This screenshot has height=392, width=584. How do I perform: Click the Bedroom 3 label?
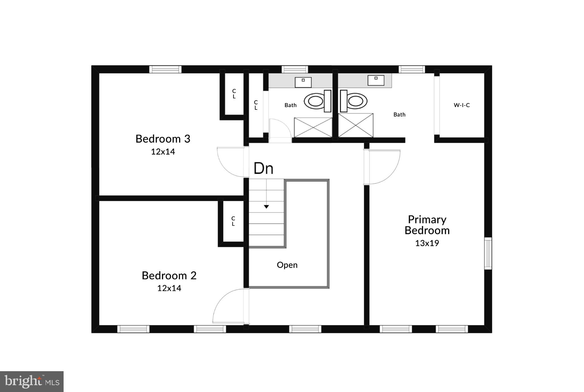pyautogui.click(x=163, y=139)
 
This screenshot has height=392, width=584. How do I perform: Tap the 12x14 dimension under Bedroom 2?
pyautogui.click(x=169, y=288)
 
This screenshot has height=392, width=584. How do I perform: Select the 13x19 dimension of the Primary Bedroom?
pyautogui.click(x=427, y=243)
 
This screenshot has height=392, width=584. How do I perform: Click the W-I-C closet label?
pyautogui.click(x=462, y=105)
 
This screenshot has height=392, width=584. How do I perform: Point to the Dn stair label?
pyautogui.click(x=263, y=168)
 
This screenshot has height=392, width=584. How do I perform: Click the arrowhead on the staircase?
pyautogui.click(x=266, y=207)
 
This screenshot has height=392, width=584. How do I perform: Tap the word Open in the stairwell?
pyautogui.click(x=287, y=265)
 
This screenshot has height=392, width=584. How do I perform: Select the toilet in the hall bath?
pyautogui.click(x=317, y=101)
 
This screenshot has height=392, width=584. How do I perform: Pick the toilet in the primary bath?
pyautogui.click(x=354, y=101)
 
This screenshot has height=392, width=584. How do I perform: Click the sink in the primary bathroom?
pyautogui.click(x=376, y=80)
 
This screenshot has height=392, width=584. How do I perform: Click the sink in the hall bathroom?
pyautogui.click(x=303, y=82)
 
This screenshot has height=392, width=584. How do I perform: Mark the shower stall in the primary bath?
pyautogui.click(x=356, y=125)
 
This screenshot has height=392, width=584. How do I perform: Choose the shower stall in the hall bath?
pyautogui.click(x=313, y=127)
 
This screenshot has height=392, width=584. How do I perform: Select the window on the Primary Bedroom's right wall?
pyautogui.click(x=488, y=253)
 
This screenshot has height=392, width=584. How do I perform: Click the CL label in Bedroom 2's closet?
pyautogui.click(x=233, y=221)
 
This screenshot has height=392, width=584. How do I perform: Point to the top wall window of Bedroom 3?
pyautogui.click(x=165, y=69)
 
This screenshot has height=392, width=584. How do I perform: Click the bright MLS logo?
pyautogui.click(x=32, y=381)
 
